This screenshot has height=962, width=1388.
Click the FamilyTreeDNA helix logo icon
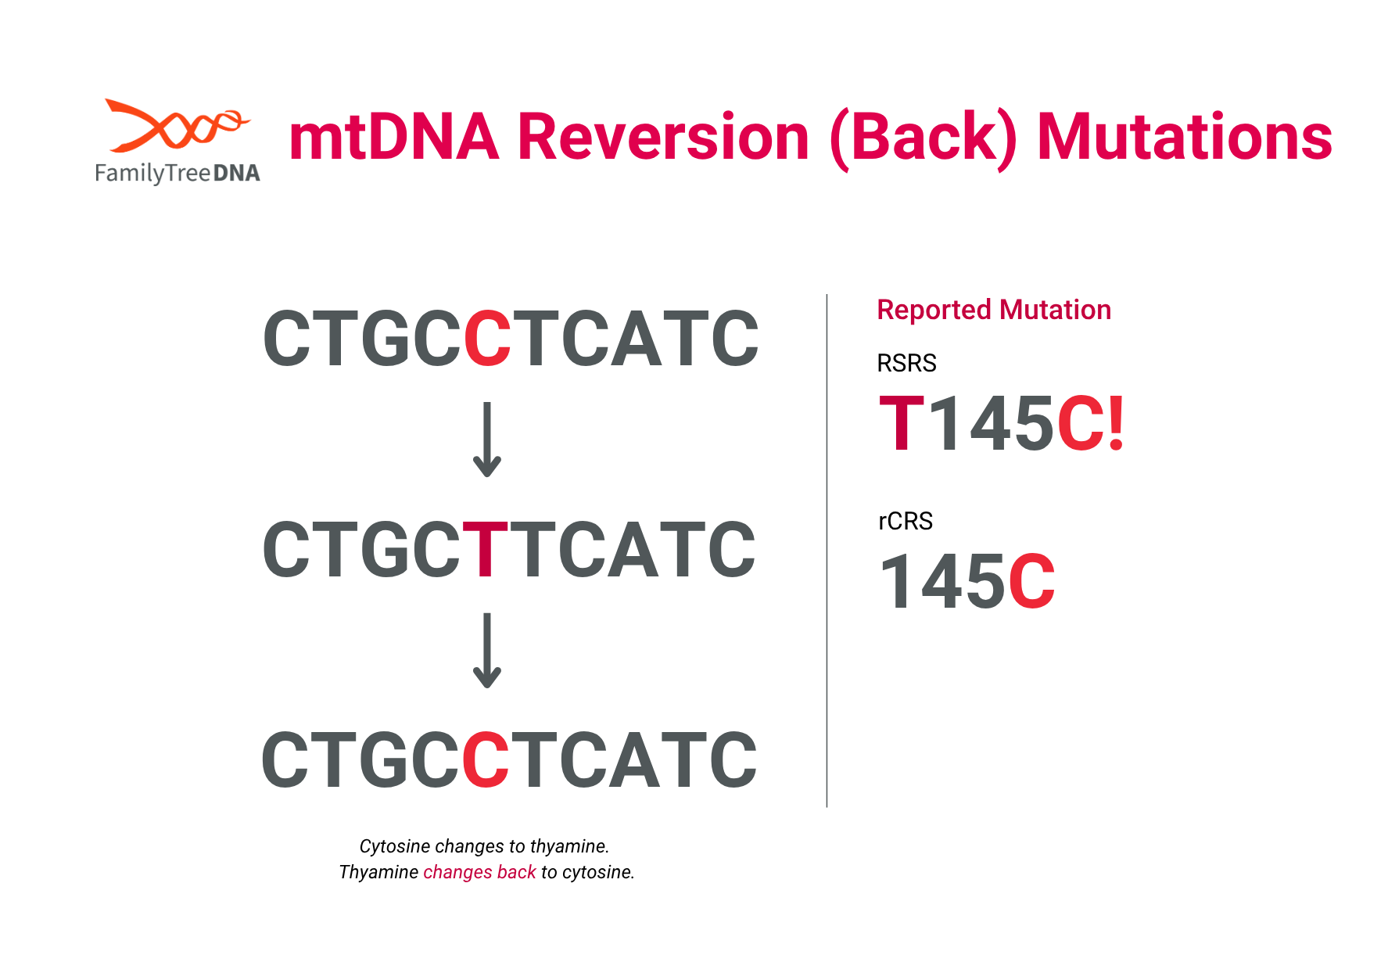(177, 125)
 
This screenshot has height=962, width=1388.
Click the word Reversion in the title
(663, 138)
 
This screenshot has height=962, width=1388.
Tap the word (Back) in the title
(924, 139)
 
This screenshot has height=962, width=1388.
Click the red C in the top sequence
(487, 339)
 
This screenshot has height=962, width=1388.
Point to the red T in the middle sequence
(486, 550)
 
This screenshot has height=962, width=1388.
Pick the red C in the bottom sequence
(486, 760)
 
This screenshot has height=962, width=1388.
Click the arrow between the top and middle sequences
(487, 440)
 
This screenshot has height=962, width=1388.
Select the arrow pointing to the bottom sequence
(487, 651)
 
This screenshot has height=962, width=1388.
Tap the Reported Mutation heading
(994, 310)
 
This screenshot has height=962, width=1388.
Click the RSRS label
(906, 364)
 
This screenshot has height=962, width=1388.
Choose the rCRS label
(906, 521)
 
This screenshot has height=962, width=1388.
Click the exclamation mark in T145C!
(1116, 424)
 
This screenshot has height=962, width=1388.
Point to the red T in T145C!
(902, 423)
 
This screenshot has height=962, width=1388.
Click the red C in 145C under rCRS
(1031, 581)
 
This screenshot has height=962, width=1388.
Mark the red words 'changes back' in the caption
(479, 872)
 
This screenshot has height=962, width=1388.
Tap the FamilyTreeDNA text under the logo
(178, 173)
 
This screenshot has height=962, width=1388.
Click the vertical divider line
(827, 551)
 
